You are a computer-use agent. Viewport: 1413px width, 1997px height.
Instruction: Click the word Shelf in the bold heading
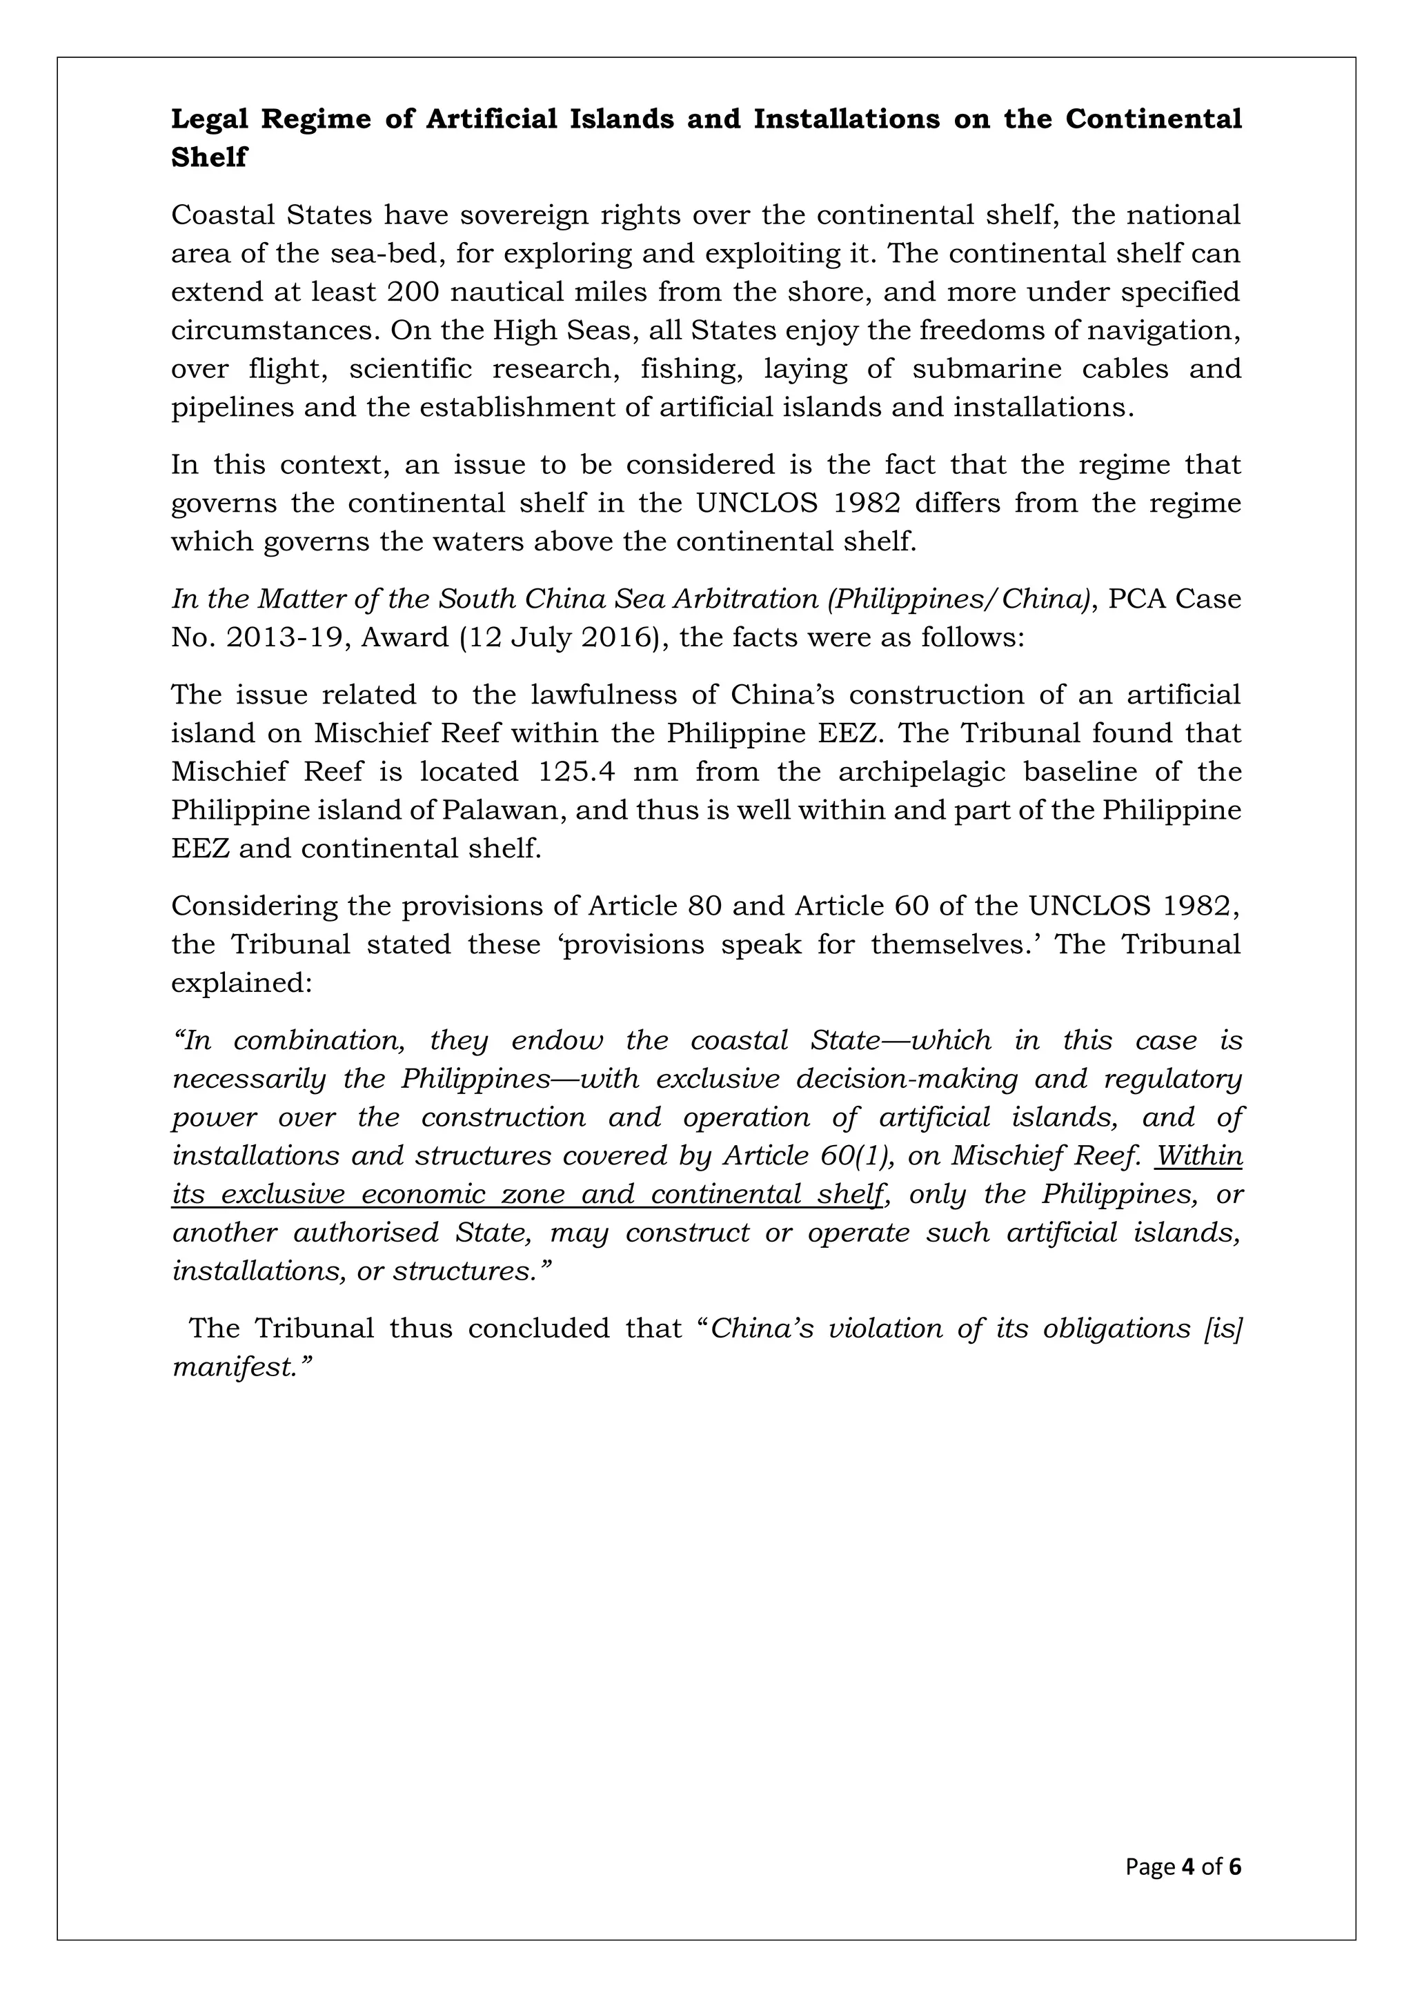[x=209, y=157]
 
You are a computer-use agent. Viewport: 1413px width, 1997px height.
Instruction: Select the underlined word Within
[x=1199, y=1156]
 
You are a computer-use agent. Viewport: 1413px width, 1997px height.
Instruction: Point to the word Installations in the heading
[x=846, y=119]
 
